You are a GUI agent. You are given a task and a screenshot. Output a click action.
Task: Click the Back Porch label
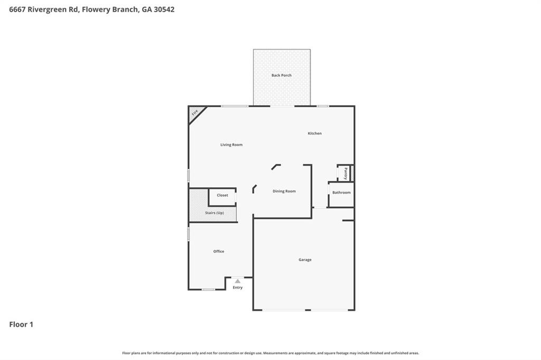282,75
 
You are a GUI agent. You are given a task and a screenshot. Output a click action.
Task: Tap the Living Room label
231,145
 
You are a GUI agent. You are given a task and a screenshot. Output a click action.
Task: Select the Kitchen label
315,134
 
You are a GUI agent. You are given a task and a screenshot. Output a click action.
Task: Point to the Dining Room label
284,191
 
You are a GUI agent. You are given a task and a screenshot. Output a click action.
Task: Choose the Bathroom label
341,193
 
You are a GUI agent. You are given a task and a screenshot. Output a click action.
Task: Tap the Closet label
222,195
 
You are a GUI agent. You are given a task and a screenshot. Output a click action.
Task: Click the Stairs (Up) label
214,213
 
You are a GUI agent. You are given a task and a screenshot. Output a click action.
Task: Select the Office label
219,251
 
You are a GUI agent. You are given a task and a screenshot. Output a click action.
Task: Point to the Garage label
305,260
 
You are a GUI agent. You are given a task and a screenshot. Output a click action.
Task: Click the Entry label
238,288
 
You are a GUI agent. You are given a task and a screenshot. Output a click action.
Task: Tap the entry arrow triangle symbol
238,281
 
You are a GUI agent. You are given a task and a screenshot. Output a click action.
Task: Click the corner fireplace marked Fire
195,112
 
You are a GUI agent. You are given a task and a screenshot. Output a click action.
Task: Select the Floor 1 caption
21,325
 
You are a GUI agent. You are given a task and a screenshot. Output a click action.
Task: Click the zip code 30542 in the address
164,9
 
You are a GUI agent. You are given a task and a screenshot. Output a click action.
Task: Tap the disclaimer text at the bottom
270,353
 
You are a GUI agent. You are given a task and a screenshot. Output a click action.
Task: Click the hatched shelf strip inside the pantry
352,173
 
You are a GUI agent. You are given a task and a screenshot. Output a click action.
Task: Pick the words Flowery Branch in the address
110,9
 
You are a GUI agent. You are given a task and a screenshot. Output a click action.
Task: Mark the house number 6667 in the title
18,9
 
